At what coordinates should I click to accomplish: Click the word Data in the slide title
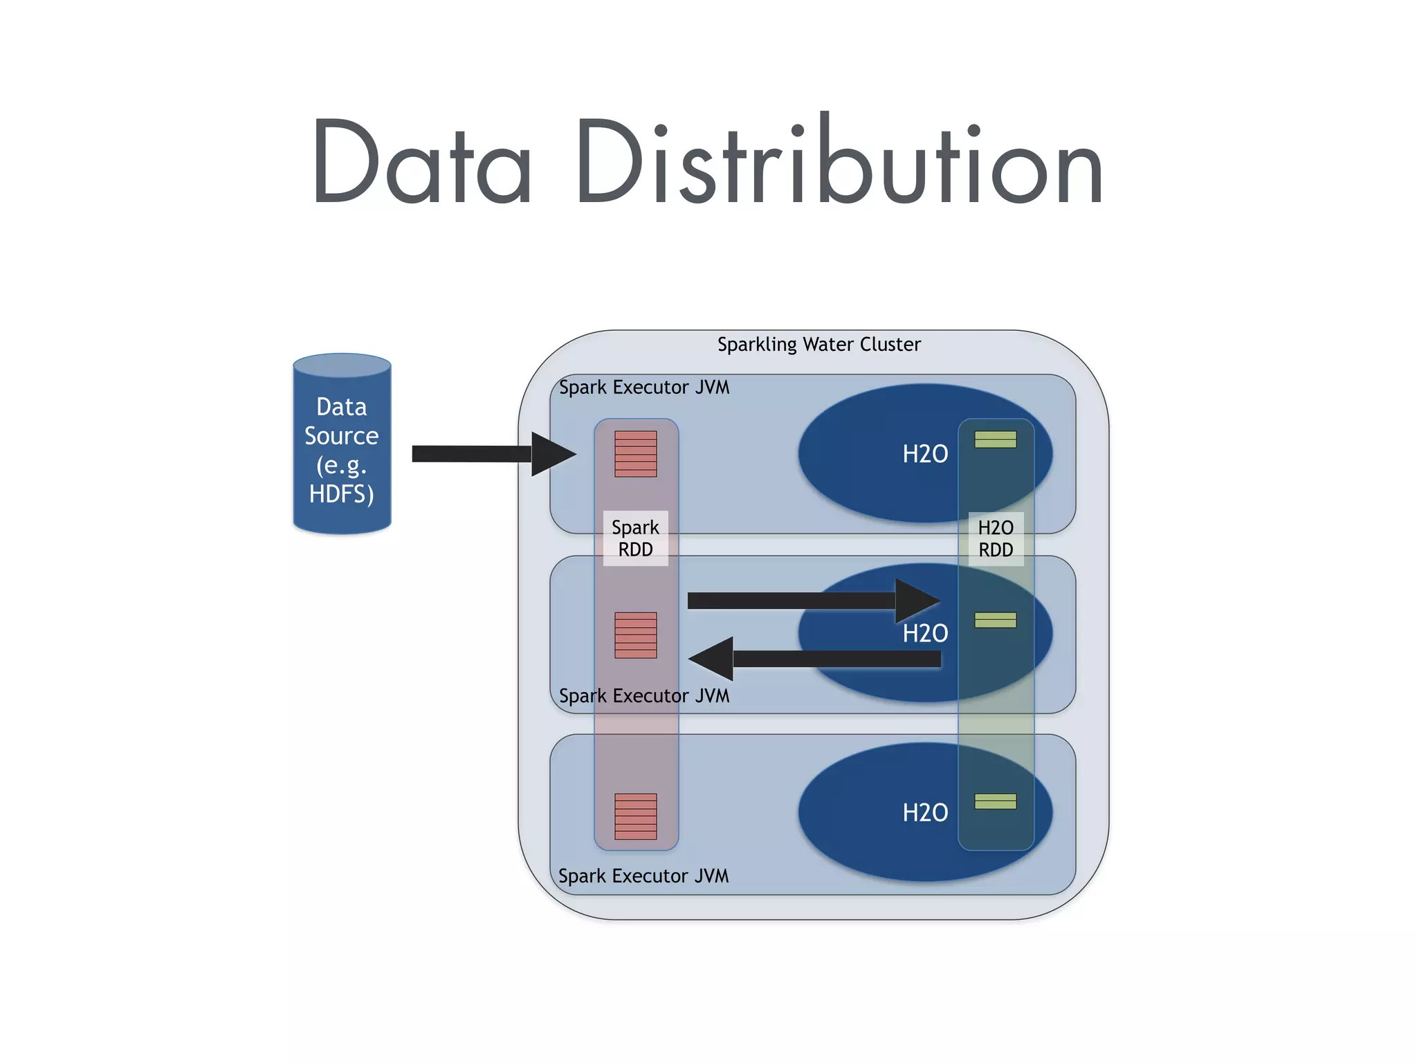coord(422,163)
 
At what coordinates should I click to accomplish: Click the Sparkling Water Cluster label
coord(819,344)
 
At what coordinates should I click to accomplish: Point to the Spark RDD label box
coord(635,538)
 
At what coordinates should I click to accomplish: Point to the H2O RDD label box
coord(996,538)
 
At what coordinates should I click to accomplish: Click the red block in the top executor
coord(635,454)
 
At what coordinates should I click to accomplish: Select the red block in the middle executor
coord(635,635)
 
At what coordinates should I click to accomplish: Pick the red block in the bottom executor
coord(635,816)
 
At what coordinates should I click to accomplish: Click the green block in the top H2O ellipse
coord(995,439)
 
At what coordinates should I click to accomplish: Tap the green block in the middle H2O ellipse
coord(995,620)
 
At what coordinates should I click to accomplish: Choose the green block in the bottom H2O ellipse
coord(995,801)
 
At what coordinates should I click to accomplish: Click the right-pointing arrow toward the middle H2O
coord(810,601)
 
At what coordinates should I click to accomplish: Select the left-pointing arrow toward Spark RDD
coord(816,659)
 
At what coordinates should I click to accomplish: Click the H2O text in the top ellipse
coord(925,454)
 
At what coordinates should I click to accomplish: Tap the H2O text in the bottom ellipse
coord(925,812)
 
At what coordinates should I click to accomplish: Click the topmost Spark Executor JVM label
coord(643,387)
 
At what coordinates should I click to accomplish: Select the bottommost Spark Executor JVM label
coord(643,875)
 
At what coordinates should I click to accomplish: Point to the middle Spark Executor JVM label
coord(643,696)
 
